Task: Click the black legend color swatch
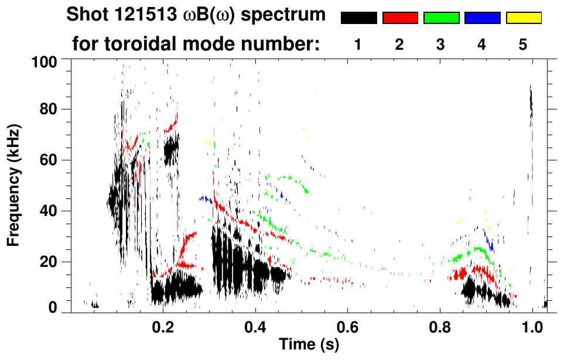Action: pyautogui.click(x=358, y=18)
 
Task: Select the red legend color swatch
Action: pyautogui.click(x=400, y=18)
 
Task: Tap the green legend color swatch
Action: pyautogui.click(x=441, y=18)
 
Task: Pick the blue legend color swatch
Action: pyautogui.click(x=482, y=18)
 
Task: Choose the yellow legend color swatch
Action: pyautogui.click(x=524, y=18)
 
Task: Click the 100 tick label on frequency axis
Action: pyautogui.click(x=44, y=61)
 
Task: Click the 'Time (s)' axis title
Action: pyautogui.click(x=309, y=344)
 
